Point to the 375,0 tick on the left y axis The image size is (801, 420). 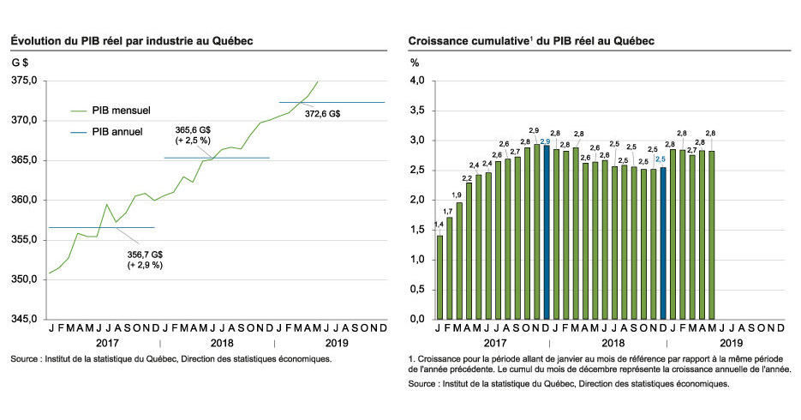tap(24, 81)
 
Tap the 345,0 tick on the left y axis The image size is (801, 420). tap(24, 319)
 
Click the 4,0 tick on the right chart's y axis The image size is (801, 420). tap(417, 81)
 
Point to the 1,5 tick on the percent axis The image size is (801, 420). tap(417, 230)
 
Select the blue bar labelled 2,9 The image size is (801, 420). tap(546, 231)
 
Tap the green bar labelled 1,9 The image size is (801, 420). tap(459, 261)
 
